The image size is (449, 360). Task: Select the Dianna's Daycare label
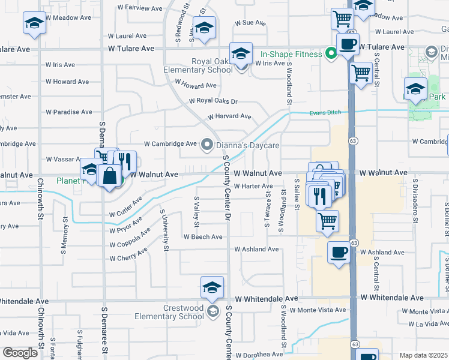[248, 145]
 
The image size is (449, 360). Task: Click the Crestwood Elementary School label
[175, 312]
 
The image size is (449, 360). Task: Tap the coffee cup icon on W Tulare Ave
[348, 43]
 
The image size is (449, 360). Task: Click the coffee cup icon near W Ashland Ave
[339, 252]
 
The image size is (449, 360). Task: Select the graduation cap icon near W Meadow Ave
[35, 24]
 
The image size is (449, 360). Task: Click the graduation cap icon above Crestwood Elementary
[212, 287]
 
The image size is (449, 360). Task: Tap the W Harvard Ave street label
[229, 116]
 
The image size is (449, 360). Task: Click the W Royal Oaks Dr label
[213, 101]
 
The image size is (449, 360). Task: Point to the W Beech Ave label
[203, 237]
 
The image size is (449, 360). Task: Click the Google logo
[20, 353]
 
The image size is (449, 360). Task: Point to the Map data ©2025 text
[423, 355]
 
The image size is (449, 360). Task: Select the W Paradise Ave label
[69, 112]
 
